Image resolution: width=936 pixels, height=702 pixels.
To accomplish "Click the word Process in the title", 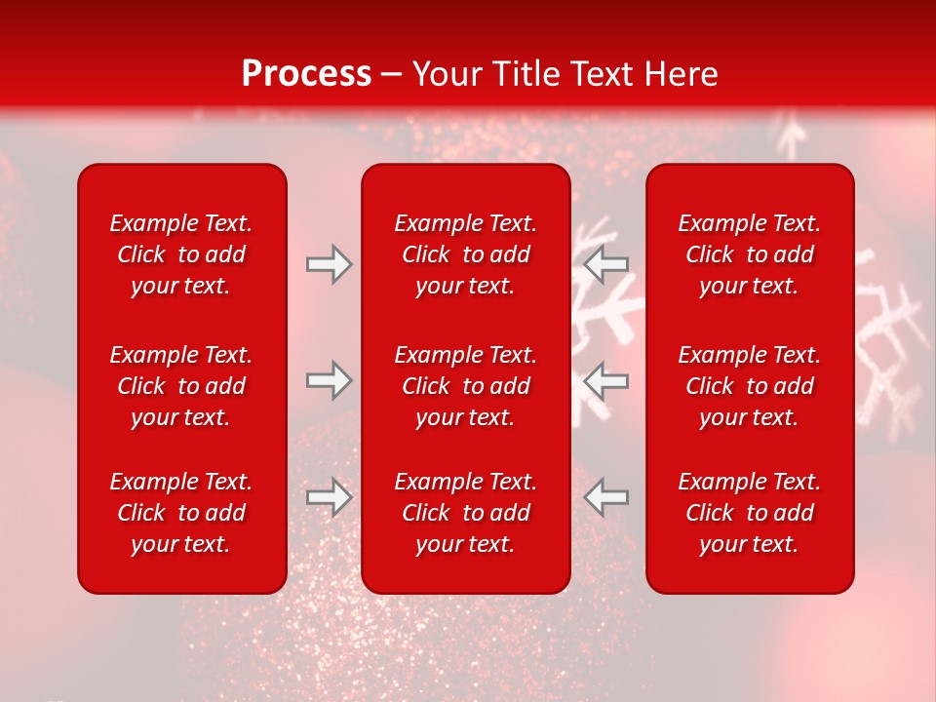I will tap(306, 74).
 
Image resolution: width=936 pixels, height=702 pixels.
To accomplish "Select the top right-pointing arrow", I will tap(330, 264).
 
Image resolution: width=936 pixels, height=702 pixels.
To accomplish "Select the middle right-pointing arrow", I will tap(330, 380).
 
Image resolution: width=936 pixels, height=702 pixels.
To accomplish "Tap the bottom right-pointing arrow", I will tap(330, 497).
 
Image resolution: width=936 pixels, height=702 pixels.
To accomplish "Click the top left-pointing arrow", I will tap(605, 264).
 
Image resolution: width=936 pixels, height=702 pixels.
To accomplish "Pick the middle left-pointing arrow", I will tap(605, 380).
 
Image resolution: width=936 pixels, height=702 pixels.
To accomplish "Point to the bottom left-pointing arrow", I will tap(605, 497).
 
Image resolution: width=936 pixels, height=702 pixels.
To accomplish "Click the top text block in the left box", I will tap(181, 254).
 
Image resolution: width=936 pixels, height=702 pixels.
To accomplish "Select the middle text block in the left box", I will tap(181, 386).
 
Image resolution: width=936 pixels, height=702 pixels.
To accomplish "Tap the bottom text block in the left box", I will tap(181, 513).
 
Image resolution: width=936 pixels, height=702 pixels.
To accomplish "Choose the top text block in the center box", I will tap(466, 254).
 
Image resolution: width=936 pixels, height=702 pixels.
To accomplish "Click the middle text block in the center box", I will tap(466, 386).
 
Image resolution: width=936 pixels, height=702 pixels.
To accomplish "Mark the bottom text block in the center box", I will tap(466, 513).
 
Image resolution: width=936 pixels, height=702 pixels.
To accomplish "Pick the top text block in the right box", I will tap(750, 254).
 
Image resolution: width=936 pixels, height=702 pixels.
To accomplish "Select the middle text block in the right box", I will tap(750, 386).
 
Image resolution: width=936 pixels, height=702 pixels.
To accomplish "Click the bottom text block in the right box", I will tap(750, 513).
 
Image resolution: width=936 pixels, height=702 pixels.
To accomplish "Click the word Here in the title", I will tap(682, 74).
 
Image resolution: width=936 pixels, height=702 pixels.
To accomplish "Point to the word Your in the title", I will tap(445, 74).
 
